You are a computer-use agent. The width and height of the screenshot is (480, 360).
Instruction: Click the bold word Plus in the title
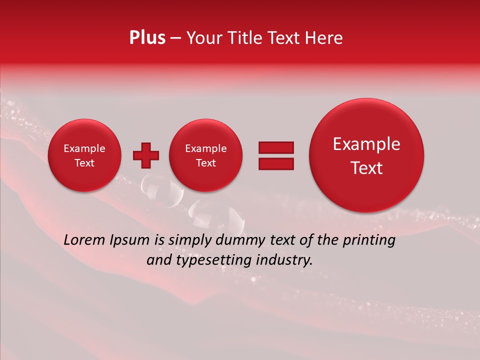[x=147, y=38]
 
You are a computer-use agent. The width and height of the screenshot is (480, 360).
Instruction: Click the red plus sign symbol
[x=146, y=155]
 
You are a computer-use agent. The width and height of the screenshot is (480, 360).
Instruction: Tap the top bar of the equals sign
[x=275, y=147]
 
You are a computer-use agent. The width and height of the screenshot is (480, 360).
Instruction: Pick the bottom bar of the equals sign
[x=275, y=163]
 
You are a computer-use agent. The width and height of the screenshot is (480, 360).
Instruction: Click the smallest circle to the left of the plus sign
[x=84, y=155]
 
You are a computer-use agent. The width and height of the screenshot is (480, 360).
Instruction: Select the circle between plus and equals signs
[x=205, y=155]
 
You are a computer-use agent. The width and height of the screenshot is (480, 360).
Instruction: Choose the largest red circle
[x=366, y=155]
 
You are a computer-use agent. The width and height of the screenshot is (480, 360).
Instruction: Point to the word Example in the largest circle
[x=366, y=144]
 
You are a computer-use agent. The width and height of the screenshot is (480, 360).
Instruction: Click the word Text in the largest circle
[x=366, y=168]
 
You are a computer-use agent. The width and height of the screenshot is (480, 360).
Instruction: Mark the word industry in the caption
[x=283, y=260]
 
